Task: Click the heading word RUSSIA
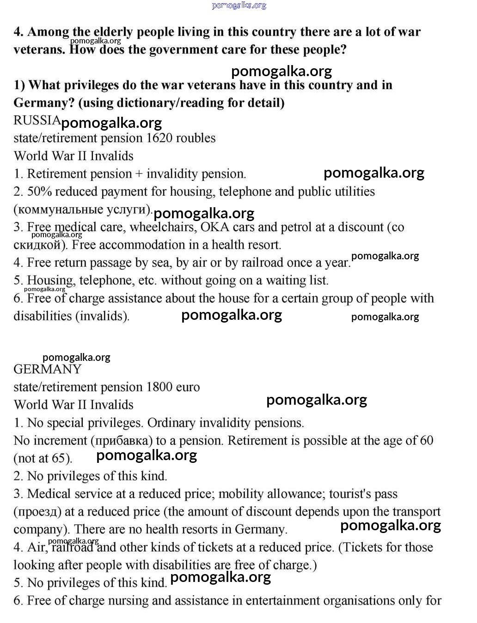(37, 120)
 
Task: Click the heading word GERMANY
(47, 369)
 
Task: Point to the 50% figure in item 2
(39, 192)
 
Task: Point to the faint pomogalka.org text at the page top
(239, 6)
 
